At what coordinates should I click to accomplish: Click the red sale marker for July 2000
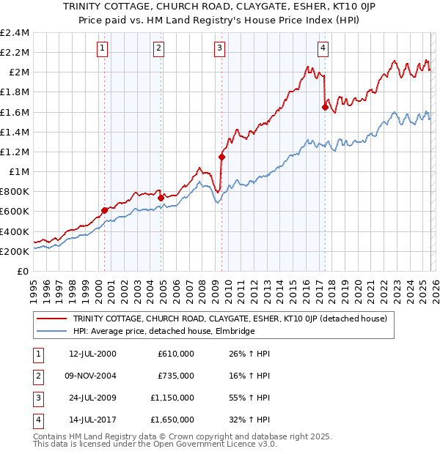click(x=104, y=211)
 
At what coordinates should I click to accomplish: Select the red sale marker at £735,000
click(x=161, y=197)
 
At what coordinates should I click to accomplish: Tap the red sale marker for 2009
click(x=221, y=157)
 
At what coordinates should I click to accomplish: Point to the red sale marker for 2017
click(x=325, y=107)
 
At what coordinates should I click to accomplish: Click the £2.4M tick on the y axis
click(x=15, y=33)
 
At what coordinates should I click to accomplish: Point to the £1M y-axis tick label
click(x=20, y=171)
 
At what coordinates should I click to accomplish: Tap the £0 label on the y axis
click(x=23, y=271)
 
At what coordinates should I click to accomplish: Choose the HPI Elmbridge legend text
click(x=164, y=332)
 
